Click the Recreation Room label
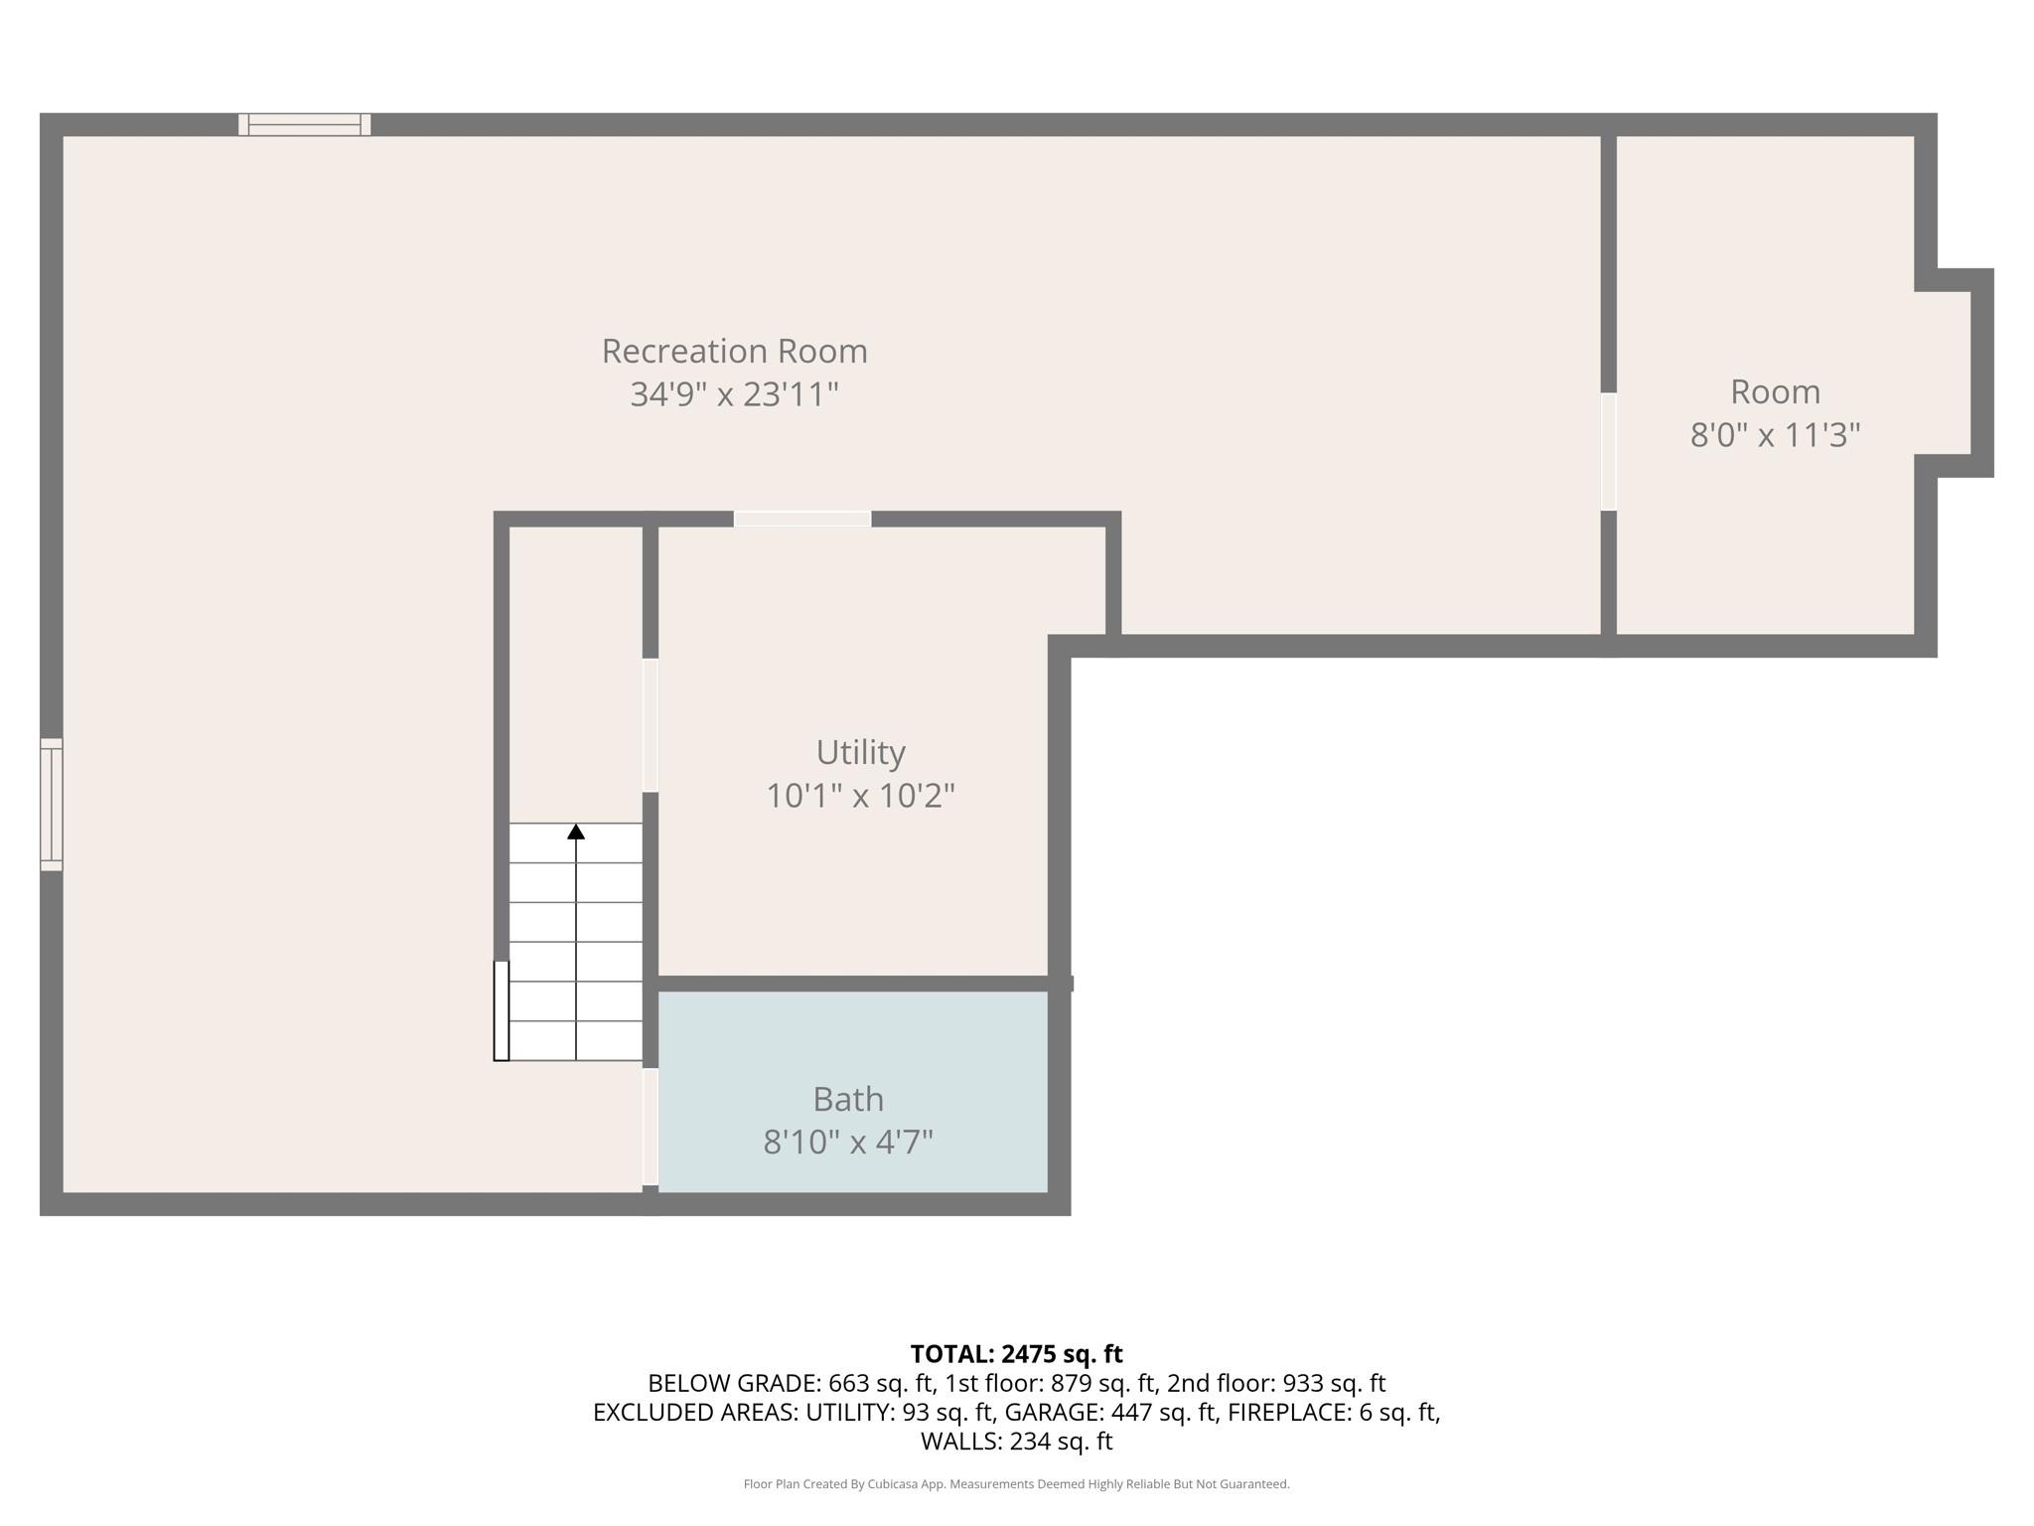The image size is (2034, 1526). (x=734, y=351)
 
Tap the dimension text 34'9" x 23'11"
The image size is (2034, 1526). (x=734, y=394)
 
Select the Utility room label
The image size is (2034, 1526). (x=860, y=752)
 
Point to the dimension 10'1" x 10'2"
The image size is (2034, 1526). (x=860, y=796)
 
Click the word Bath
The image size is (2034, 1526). (x=847, y=1099)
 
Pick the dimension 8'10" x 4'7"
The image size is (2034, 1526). (x=847, y=1143)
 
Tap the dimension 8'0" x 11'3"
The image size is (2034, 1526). (x=1775, y=435)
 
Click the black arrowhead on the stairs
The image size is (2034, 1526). (x=576, y=832)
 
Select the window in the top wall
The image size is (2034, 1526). (x=304, y=124)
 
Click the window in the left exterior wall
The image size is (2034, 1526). (x=52, y=805)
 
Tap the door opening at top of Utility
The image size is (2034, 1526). (x=802, y=519)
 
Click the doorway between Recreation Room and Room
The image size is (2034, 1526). (x=1608, y=452)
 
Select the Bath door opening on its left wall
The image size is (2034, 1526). (x=651, y=1127)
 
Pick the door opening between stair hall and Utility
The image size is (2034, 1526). (x=651, y=725)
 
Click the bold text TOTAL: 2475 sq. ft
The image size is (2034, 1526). (x=1016, y=1354)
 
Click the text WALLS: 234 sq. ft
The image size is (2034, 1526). (x=1016, y=1441)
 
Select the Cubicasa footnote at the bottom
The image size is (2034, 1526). (x=1016, y=1484)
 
